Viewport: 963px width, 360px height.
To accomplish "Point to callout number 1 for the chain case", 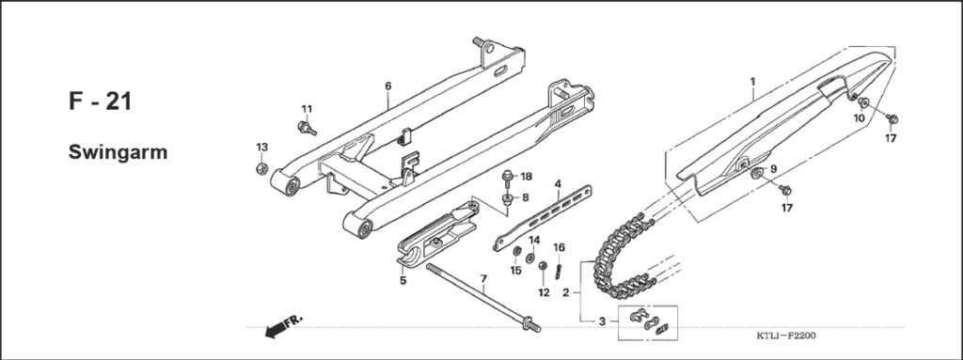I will [x=752, y=81].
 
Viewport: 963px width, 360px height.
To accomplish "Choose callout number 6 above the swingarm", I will [x=387, y=86].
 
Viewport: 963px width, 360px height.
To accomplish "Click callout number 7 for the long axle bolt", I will [x=482, y=278].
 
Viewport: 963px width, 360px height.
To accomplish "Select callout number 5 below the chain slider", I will [x=403, y=279].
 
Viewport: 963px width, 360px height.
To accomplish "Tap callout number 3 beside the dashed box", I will [x=601, y=321].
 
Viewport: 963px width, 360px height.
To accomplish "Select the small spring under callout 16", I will [x=559, y=269].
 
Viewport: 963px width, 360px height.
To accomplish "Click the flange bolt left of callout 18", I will [x=508, y=177].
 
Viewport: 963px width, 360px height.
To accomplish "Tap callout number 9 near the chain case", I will [x=773, y=169].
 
